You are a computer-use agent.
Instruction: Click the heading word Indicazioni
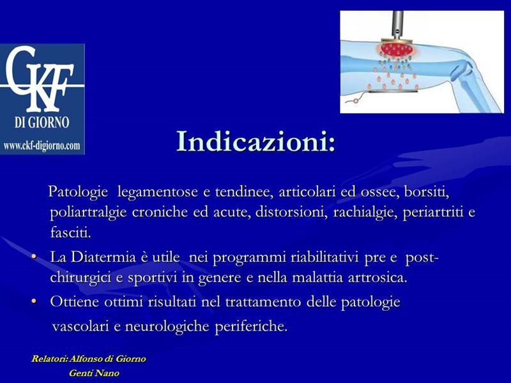(x=256, y=141)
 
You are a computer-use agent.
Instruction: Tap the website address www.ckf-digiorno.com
(x=42, y=146)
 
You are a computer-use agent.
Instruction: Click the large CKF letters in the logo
(x=40, y=78)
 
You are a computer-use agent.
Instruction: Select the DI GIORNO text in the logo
(x=42, y=123)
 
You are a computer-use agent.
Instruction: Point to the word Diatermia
(x=103, y=257)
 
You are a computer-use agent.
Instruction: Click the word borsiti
(x=426, y=192)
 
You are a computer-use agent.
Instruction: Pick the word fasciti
(x=70, y=232)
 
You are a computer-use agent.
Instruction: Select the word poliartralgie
(x=88, y=213)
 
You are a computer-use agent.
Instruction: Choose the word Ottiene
(x=74, y=301)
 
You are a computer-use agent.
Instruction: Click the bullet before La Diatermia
(x=34, y=257)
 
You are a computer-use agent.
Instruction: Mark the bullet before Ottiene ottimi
(x=34, y=301)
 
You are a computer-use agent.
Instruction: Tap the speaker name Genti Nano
(x=94, y=373)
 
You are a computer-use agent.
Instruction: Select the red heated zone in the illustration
(x=397, y=49)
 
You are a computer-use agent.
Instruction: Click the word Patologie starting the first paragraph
(x=78, y=192)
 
